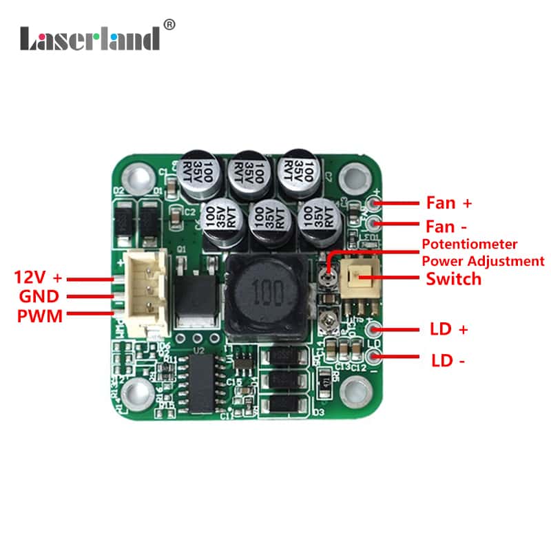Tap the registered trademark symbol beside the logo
[x=170, y=25]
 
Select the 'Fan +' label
[x=449, y=203]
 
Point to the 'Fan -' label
[x=448, y=225]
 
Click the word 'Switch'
[x=453, y=279]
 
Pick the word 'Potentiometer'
[x=469, y=245]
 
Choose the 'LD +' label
[x=449, y=329]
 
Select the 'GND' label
[x=39, y=297]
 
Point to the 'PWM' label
[x=40, y=316]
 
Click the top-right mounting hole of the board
[x=355, y=176]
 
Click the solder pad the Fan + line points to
[x=375, y=203]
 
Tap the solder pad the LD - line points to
[x=375, y=357]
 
